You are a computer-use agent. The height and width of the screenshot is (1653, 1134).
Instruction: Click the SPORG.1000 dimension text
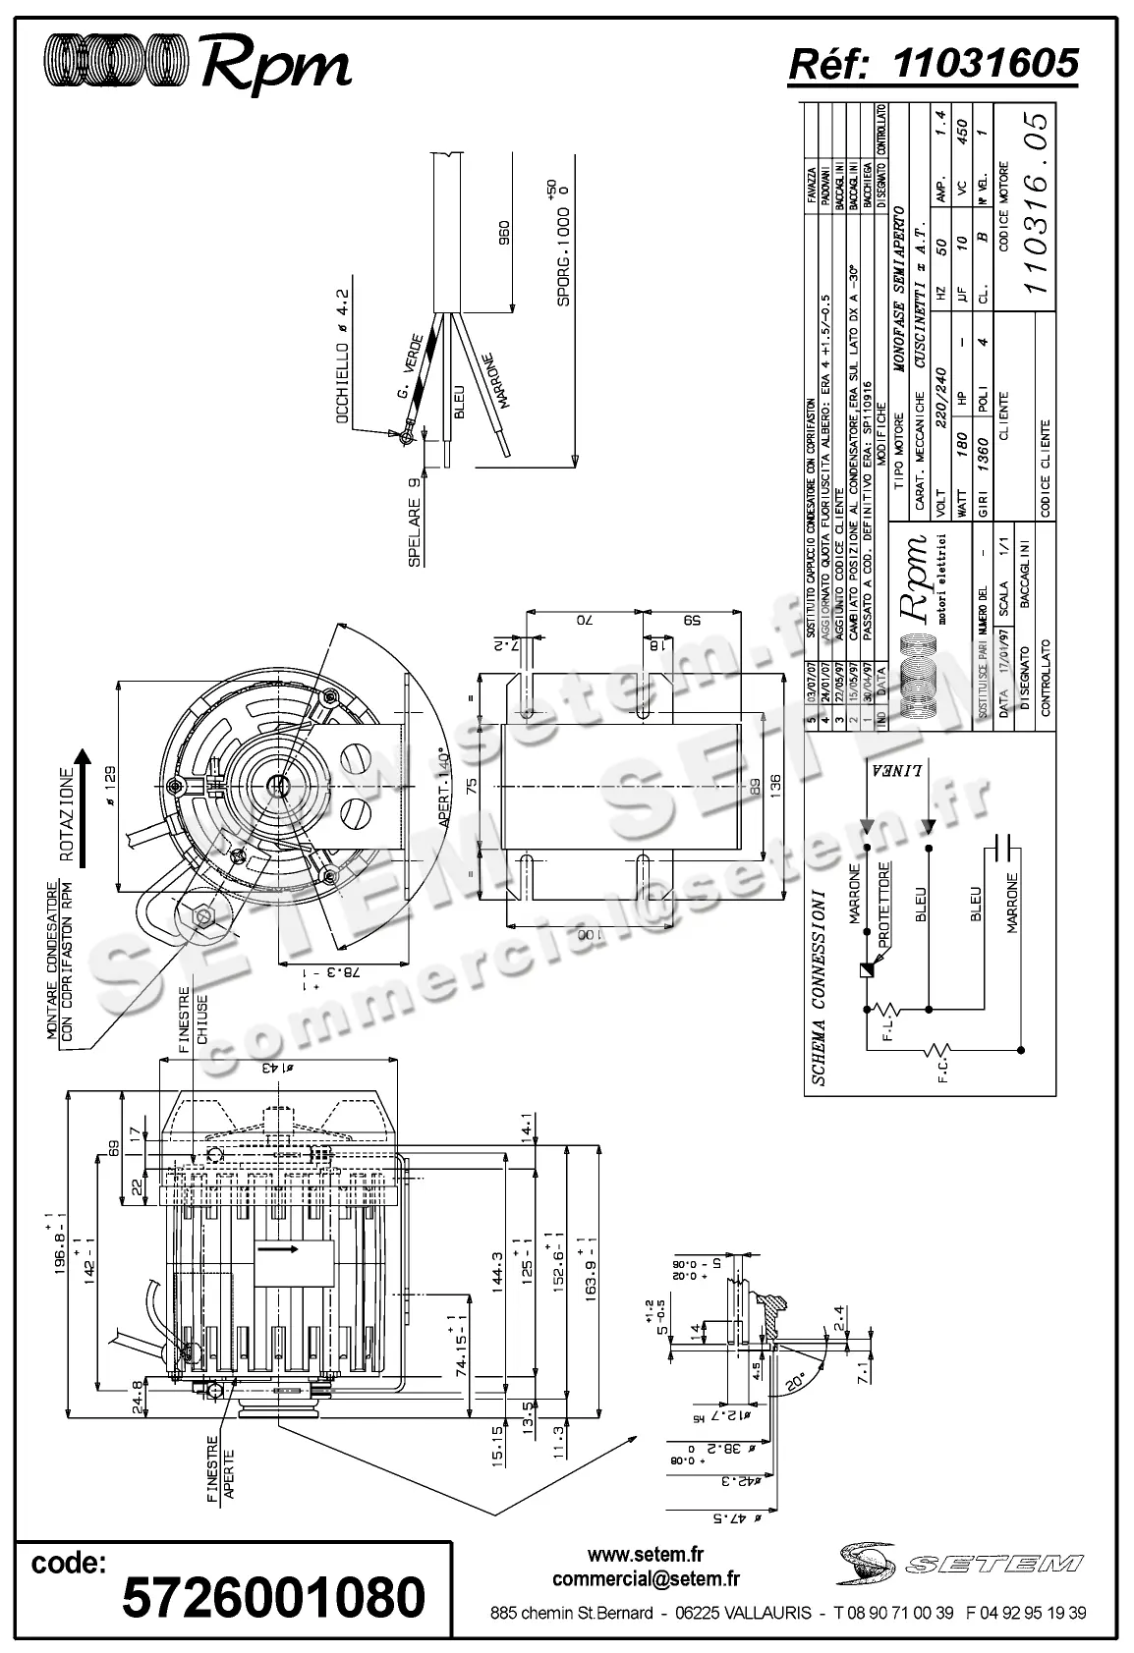[563, 256]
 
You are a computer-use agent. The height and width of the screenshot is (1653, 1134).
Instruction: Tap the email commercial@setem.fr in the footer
[646, 1579]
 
